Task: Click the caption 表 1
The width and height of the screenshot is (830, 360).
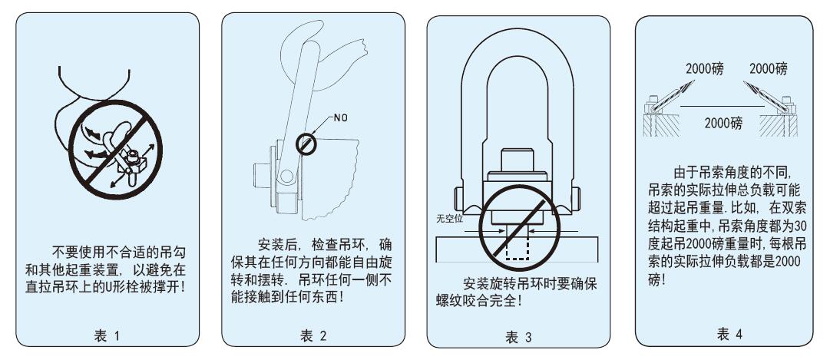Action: point(107,335)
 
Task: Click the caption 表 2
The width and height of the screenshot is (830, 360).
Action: point(313,335)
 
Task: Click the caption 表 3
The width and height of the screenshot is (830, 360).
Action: point(518,337)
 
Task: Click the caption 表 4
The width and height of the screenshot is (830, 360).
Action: point(729,334)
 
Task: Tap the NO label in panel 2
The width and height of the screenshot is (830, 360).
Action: point(340,117)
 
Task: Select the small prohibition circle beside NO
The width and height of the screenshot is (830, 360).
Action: point(306,144)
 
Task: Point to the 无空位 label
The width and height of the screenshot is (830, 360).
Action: point(449,218)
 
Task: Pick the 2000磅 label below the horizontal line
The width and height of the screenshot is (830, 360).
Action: point(723,124)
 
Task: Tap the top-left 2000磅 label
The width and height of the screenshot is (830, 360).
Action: point(705,68)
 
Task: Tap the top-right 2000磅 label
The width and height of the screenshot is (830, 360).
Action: point(768,68)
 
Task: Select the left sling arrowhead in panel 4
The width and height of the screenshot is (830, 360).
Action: point(688,86)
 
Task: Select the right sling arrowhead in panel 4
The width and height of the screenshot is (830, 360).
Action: point(750,86)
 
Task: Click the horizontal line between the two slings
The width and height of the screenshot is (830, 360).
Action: point(722,107)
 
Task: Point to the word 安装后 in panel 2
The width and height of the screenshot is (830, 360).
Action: point(277,245)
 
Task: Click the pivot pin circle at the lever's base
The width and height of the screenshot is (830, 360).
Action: point(286,177)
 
